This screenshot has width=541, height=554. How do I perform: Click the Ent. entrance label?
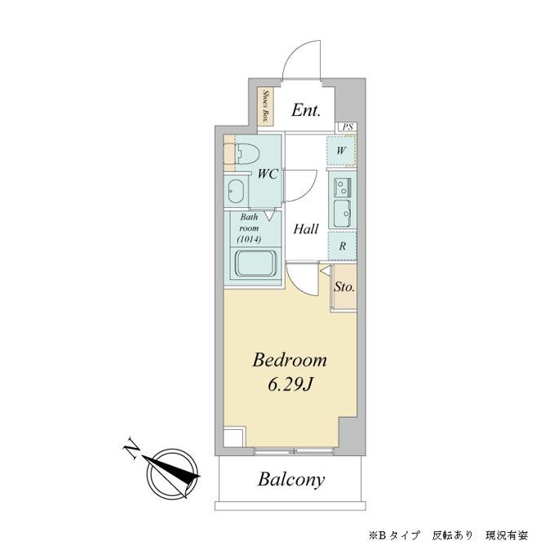[307, 109]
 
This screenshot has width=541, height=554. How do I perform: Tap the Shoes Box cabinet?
[266, 106]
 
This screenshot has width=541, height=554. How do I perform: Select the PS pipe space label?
[348, 126]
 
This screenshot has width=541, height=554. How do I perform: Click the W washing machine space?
[342, 151]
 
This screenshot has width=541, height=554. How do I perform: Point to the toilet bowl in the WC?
[245, 153]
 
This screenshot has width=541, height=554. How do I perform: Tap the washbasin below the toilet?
[236, 192]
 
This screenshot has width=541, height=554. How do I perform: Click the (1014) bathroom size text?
[248, 240]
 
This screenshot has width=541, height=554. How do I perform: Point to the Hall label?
[306, 229]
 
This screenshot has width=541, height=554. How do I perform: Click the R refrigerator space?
[342, 245]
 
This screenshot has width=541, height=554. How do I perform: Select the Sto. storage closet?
[344, 287]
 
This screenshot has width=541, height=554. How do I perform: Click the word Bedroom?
[289, 360]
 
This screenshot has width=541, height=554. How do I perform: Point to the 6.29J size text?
[289, 384]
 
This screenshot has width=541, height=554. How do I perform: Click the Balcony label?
[291, 480]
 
